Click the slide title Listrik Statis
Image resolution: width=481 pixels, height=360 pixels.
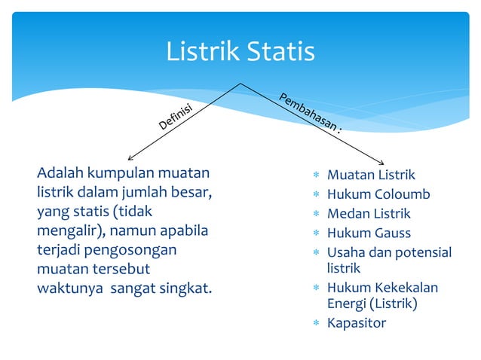coord(240,52)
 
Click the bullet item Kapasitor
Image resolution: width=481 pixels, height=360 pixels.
coord(356,323)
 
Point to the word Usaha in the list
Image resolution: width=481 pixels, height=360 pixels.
coord(346,252)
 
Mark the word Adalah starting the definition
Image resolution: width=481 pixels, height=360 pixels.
coord(59,175)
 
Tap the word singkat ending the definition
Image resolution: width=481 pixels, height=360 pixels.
coord(183,288)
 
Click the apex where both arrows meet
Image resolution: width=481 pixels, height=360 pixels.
coord(240,83)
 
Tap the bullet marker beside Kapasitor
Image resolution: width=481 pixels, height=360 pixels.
coord(317,324)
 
